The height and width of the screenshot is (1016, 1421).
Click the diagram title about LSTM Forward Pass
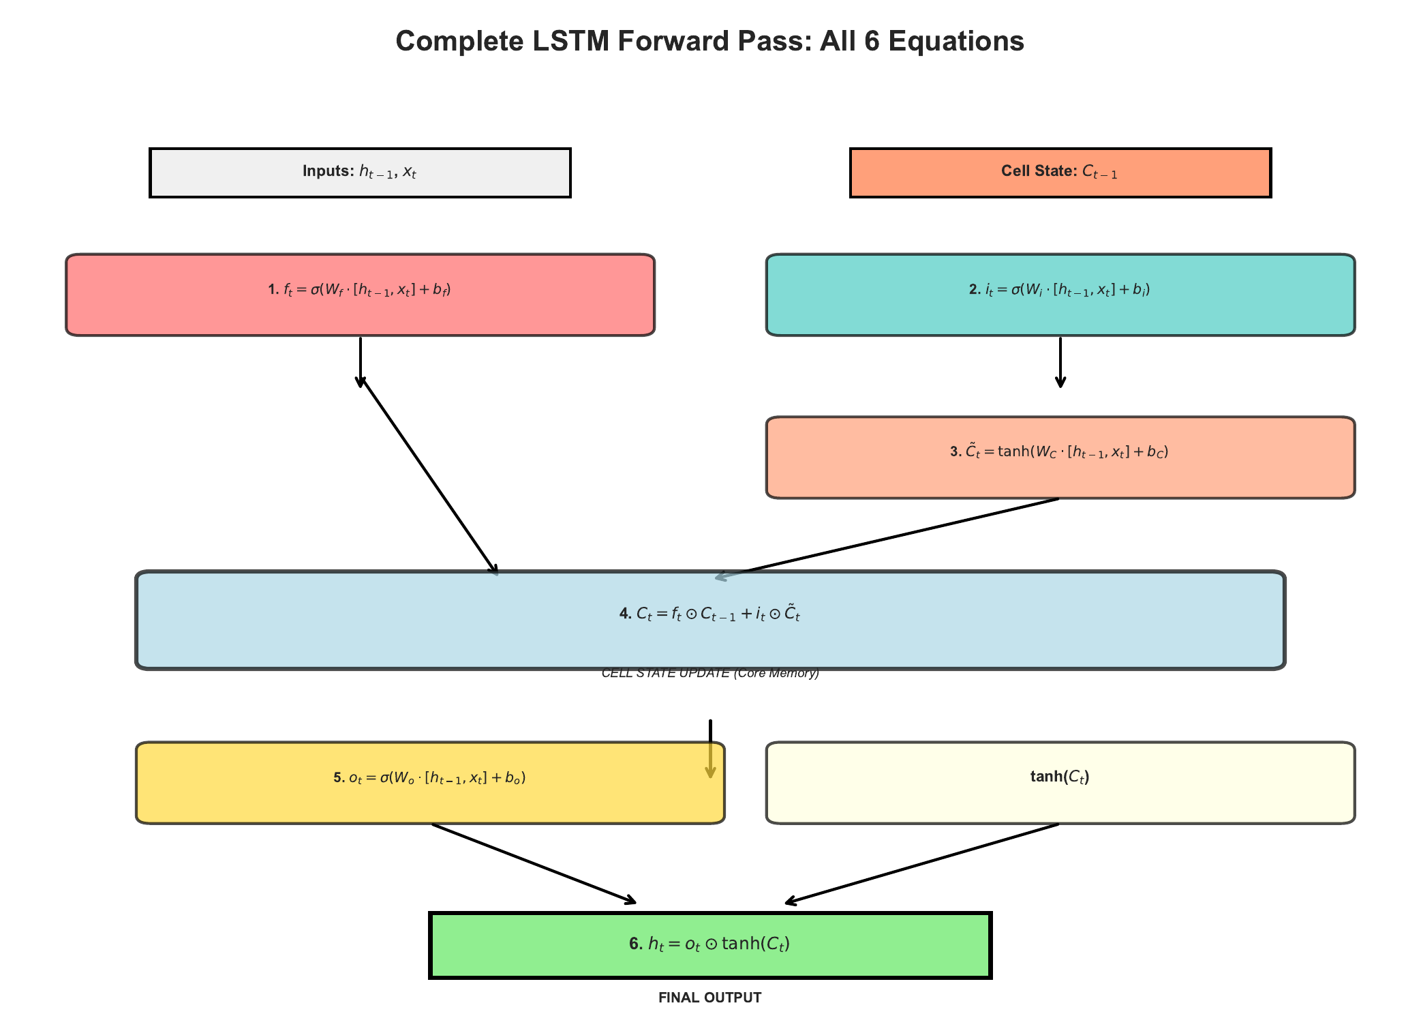point(709,41)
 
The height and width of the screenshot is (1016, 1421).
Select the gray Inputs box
point(360,173)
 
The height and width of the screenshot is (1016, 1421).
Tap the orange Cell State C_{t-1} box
point(1060,173)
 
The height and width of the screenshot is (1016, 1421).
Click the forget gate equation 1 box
point(360,295)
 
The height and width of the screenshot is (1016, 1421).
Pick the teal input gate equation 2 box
point(1060,295)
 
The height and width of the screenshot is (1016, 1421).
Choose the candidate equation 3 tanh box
point(1060,457)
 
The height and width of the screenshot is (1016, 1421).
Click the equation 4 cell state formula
point(709,614)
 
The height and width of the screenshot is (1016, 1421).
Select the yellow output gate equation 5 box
point(429,782)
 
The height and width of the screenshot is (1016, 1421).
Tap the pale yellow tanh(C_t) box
point(1060,782)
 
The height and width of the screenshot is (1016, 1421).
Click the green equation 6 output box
point(709,944)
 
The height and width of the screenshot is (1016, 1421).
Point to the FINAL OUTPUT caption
point(709,998)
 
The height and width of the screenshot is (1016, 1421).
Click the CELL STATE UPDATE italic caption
point(709,674)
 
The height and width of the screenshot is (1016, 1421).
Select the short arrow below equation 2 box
point(1060,361)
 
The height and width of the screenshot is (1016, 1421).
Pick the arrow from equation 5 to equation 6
point(534,863)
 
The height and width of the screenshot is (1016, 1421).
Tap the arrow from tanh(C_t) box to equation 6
point(922,863)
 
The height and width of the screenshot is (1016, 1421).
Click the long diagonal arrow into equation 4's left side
point(429,477)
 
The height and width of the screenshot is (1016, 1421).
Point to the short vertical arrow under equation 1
point(360,361)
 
